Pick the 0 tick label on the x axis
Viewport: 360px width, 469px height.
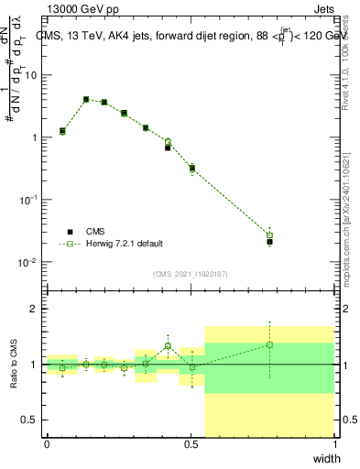pyautogui.click(x=47, y=444)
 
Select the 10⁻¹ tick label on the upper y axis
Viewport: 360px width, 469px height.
pyautogui.click(x=28, y=200)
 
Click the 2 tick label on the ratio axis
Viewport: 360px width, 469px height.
pyautogui.click(x=34, y=310)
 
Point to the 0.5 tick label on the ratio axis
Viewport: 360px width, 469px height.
pyautogui.click(x=30, y=420)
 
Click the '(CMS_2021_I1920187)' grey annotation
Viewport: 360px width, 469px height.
pyautogui.click(x=190, y=272)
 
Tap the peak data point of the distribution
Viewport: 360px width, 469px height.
pyautogui.click(x=86, y=99)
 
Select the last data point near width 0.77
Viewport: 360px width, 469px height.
pyautogui.click(x=269, y=241)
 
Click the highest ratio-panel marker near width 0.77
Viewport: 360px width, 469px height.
pyautogui.click(x=269, y=344)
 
